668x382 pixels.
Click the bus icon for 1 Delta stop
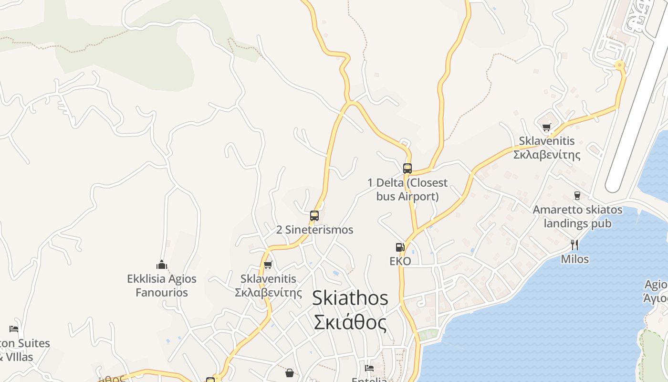[x=407, y=168]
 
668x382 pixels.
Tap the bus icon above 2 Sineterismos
[x=314, y=215]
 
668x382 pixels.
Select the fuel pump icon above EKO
[x=400, y=247]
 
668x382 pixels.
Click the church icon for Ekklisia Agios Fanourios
[x=162, y=265]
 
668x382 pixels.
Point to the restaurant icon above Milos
[x=574, y=245]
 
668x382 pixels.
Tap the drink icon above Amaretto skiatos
[x=577, y=195]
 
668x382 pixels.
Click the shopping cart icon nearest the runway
[x=546, y=127]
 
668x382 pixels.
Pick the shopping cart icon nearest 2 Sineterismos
[x=268, y=265]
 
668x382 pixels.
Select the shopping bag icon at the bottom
[x=289, y=372]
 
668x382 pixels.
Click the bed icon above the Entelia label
[x=369, y=368]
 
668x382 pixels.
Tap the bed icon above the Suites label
[x=14, y=329]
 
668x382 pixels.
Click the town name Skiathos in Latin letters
[x=350, y=298]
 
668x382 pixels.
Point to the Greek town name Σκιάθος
[x=350, y=323]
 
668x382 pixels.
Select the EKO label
[x=400, y=261]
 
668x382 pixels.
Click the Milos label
[x=574, y=259]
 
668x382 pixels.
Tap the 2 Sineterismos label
[x=314, y=230]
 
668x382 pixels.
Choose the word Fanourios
[x=162, y=292]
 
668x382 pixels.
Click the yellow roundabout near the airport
[x=620, y=65]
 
